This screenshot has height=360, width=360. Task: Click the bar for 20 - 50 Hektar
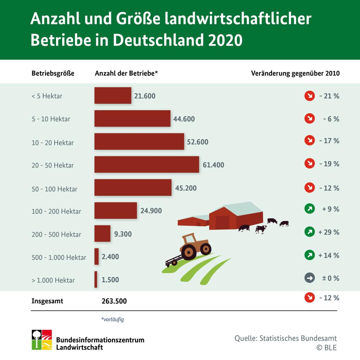pyautogui.click(x=147, y=165)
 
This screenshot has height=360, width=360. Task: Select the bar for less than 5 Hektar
pyautogui.click(x=113, y=95)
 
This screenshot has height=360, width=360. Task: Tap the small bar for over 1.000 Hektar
pyautogui.click(x=96, y=279)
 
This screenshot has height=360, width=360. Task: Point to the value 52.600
pyautogui.click(x=198, y=142)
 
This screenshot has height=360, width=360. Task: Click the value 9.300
pyautogui.click(x=123, y=234)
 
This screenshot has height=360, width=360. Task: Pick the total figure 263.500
pyautogui.click(x=114, y=301)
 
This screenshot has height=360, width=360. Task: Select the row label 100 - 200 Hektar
pyautogui.click(x=56, y=211)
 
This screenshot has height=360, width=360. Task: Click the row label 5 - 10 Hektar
pyautogui.click(x=51, y=119)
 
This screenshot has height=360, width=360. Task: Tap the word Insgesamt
pyautogui.click(x=47, y=301)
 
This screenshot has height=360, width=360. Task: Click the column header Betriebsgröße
pyautogui.click(x=53, y=73)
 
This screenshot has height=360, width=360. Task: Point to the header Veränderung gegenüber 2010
pyautogui.click(x=295, y=73)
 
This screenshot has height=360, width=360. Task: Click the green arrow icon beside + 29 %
pyautogui.click(x=310, y=232)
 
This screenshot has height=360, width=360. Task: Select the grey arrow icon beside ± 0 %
pyautogui.click(x=310, y=278)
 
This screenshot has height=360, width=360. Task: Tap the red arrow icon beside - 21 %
pyautogui.click(x=310, y=96)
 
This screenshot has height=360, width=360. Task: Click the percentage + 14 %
pyautogui.click(x=329, y=255)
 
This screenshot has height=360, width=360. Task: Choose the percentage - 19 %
pyautogui.click(x=329, y=164)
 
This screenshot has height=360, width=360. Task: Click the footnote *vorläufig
pyautogui.click(x=112, y=319)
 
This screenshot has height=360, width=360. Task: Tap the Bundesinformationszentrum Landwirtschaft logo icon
pyautogui.click(x=42, y=340)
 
